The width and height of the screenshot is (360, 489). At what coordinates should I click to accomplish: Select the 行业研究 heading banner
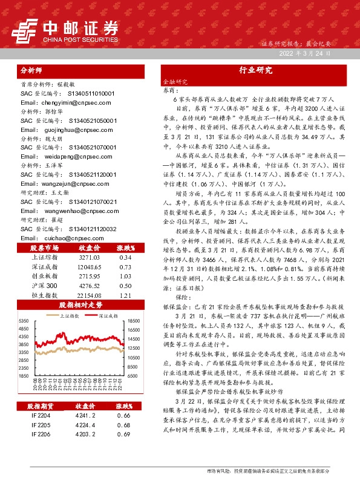[251, 70]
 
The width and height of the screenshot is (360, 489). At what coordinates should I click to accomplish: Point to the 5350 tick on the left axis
[25, 321]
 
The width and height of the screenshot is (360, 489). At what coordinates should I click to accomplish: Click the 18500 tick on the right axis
[134, 321]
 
